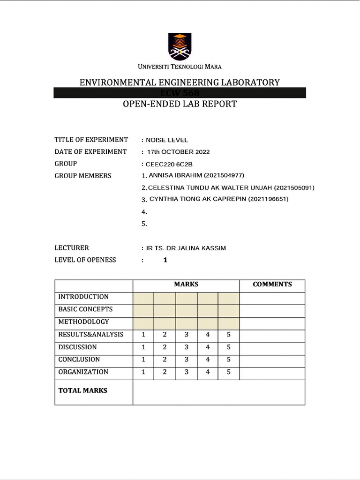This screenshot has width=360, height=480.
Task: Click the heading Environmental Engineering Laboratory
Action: coord(180,82)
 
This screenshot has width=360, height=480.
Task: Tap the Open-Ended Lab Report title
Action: coord(180,104)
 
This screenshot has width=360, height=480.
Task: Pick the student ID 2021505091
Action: coord(293,187)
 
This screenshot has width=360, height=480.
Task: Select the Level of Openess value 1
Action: coord(165,260)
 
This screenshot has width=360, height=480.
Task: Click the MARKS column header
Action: coord(186,284)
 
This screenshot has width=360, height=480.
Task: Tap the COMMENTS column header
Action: coord(272,284)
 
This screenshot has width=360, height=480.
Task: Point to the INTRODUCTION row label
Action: coord(83,297)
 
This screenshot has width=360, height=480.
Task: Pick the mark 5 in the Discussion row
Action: coord(228,347)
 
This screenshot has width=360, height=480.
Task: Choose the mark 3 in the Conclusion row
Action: coord(186,360)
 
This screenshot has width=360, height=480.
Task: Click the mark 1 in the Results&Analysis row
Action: coord(143,335)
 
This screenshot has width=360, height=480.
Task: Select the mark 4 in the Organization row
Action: coord(207,372)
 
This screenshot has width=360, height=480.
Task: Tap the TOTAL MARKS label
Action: coord(83,390)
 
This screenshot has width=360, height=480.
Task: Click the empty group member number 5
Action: coord(144,224)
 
